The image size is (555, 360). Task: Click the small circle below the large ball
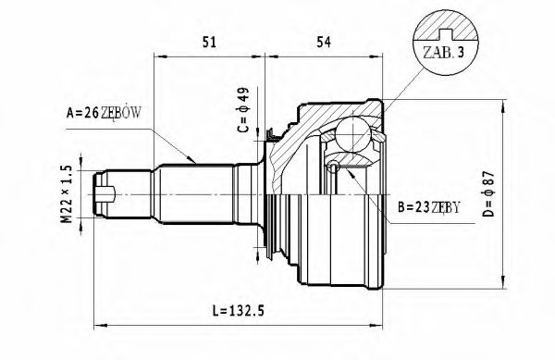pyautogui.click(x=333, y=166)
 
